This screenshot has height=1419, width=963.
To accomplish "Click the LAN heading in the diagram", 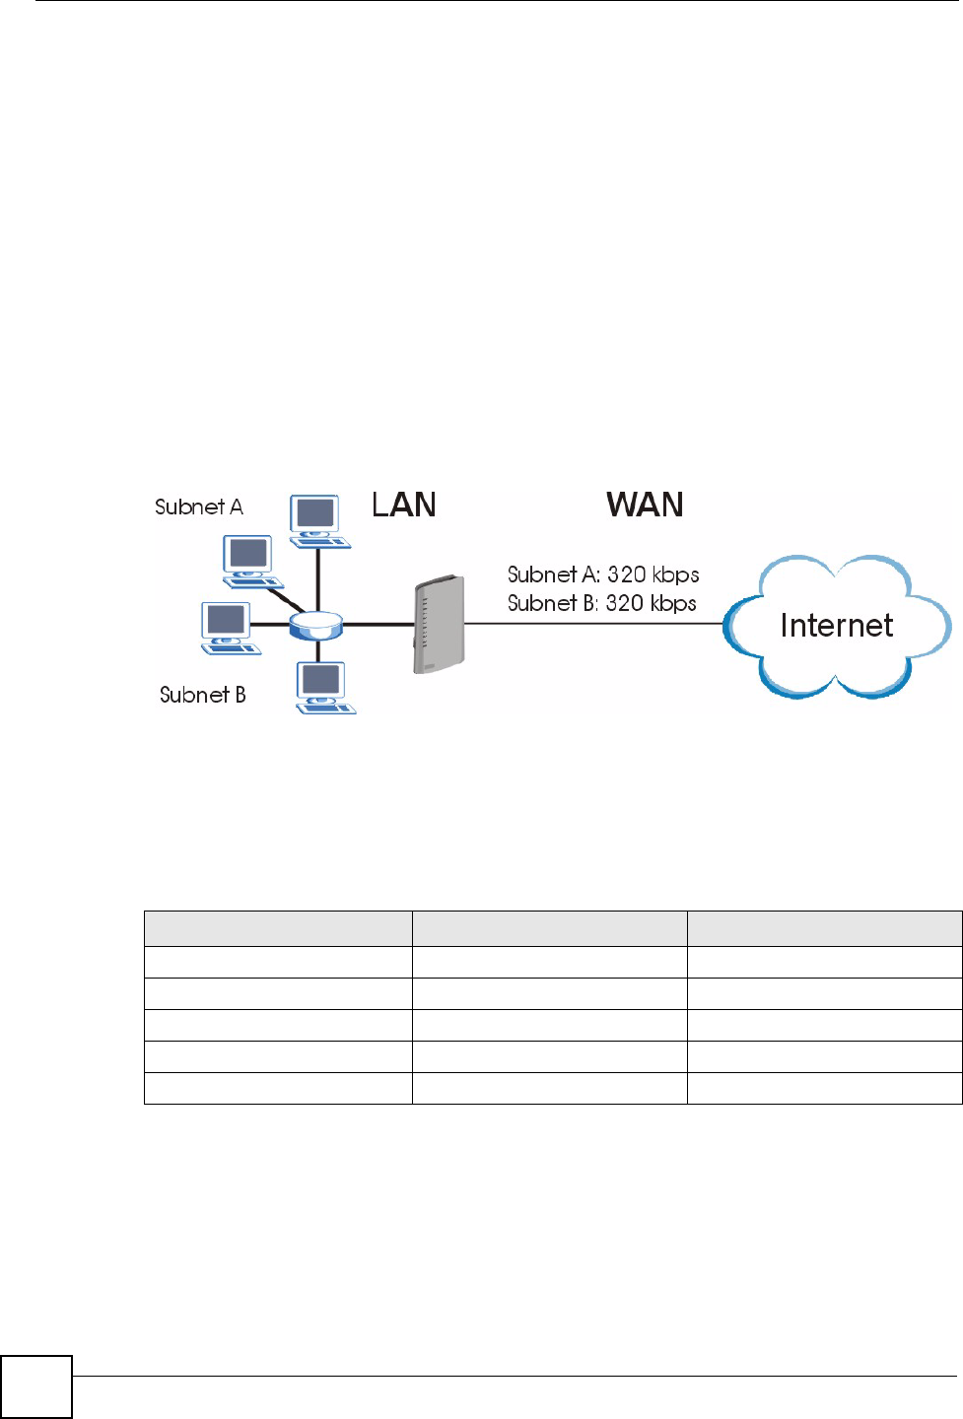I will click(x=404, y=506).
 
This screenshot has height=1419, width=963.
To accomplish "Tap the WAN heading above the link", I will click(x=645, y=506).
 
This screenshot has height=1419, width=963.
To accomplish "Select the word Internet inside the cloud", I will click(x=836, y=626).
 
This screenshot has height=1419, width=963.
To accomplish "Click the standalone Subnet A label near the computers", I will click(x=199, y=507).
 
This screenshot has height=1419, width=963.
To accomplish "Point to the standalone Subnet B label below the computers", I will click(x=202, y=695).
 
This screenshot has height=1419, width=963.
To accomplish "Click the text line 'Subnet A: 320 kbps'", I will click(x=603, y=574).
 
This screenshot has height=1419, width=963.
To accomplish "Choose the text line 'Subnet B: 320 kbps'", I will click(x=601, y=603).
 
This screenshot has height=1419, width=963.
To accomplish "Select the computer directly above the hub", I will click(x=317, y=520).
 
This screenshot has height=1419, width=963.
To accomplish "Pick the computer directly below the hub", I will click(x=324, y=686).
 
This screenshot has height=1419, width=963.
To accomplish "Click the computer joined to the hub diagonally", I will click(x=250, y=560).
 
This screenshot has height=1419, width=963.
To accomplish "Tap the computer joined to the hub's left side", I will click(x=228, y=627).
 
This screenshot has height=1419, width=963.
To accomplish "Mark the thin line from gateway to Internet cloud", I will click(x=591, y=624).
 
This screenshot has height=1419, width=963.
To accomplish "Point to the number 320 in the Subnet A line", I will click(x=627, y=574).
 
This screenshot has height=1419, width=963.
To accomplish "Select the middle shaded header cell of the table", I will click(x=549, y=929).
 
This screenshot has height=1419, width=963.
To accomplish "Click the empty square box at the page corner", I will click(x=36, y=1387).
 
